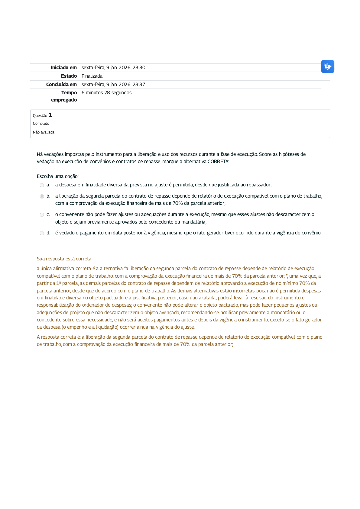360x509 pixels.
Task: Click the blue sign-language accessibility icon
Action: [327, 66]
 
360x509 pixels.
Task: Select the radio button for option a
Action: [42, 185]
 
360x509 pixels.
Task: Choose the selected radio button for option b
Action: [42, 196]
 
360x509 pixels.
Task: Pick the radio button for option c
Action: [42, 215]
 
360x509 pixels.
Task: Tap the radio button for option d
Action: [42, 233]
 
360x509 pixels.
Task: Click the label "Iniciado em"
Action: [63, 68]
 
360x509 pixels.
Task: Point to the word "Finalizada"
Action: [92, 76]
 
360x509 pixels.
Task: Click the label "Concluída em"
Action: [61, 85]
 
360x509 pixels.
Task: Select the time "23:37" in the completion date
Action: [139, 85]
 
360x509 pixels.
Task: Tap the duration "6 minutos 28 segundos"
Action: [106, 93]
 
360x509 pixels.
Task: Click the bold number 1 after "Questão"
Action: [50, 115]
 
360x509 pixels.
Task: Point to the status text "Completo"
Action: [41, 124]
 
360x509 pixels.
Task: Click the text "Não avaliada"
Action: [44, 132]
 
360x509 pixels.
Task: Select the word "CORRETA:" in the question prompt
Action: [218, 162]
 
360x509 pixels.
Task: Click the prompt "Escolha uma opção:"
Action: [58, 176]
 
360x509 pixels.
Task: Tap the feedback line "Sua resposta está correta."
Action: [65, 259]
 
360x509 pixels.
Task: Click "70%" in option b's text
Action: [177, 203]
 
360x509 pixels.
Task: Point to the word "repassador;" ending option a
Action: [259, 185]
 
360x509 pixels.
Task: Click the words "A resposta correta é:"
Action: [59, 337]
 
